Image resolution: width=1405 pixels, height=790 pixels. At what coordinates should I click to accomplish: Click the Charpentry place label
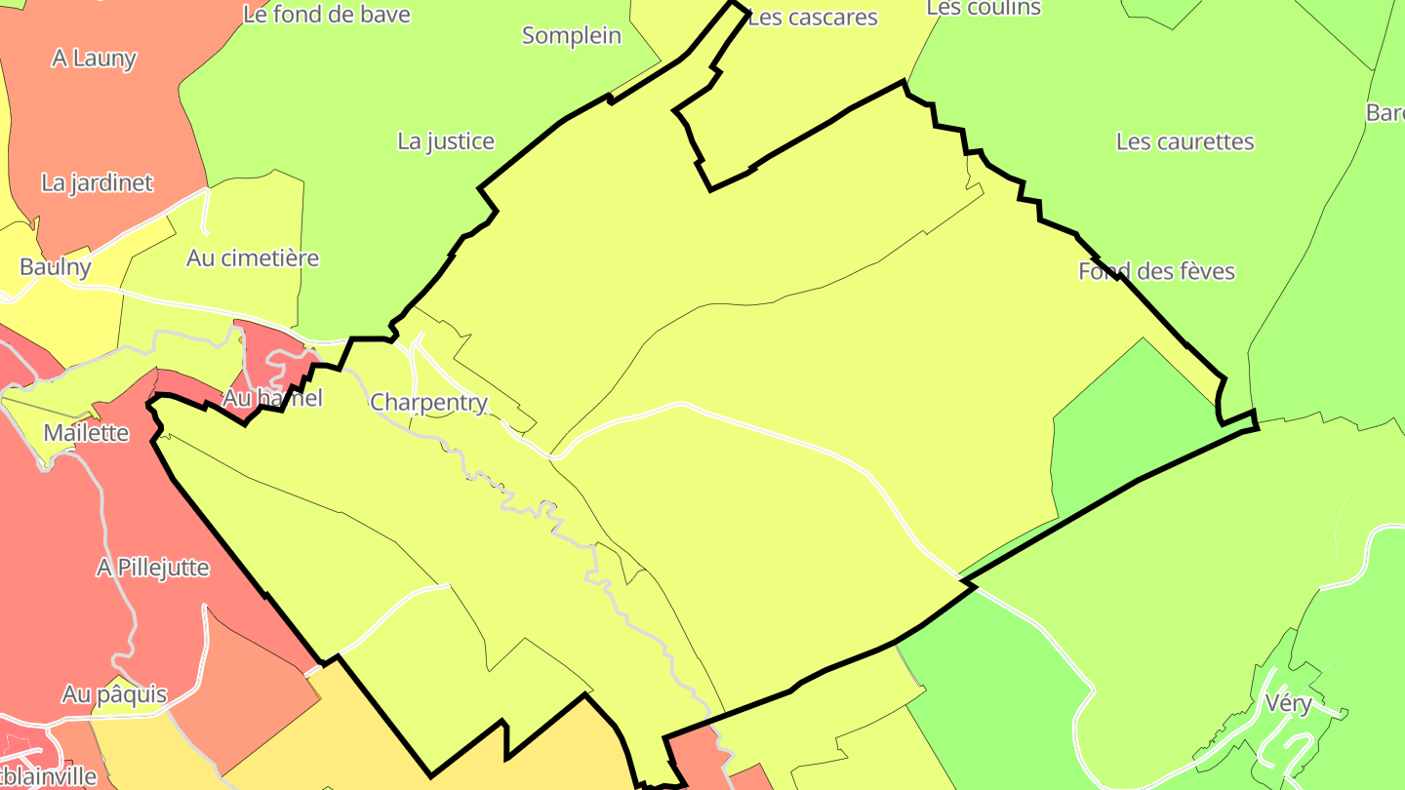tap(428, 402)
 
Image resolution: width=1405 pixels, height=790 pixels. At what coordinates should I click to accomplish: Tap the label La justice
tap(446, 141)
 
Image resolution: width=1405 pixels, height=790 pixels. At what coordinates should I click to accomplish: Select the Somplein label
tap(571, 36)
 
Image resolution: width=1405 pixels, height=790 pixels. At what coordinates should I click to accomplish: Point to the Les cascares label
tap(813, 18)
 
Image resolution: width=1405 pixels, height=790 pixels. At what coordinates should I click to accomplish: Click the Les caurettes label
tap(1184, 141)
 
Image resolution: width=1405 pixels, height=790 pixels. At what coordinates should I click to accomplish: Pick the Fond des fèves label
tap(1156, 271)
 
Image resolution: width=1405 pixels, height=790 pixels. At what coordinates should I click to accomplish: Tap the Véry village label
tap(1288, 702)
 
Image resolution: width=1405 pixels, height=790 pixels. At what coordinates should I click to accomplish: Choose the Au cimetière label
tap(253, 258)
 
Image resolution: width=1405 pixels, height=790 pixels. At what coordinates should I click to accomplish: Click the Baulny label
tap(56, 267)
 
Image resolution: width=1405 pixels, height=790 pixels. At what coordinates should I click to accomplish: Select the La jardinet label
tap(97, 182)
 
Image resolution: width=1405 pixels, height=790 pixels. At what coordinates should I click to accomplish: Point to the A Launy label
tap(94, 59)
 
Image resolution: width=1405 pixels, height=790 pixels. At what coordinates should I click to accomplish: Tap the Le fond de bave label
tap(326, 15)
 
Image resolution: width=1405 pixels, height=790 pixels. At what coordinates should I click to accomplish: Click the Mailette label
tap(86, 432)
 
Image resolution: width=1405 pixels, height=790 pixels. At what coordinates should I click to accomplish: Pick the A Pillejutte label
tap(152, 568)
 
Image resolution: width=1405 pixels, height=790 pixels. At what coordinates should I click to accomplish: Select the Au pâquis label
tap(114, 695)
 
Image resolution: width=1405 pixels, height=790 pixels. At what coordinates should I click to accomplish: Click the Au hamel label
tap(272, 398)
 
